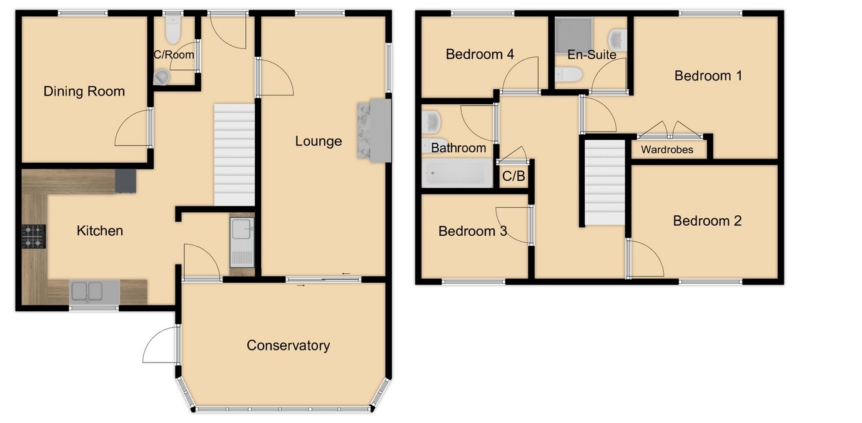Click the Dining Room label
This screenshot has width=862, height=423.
pyautogui.click(x=84, y=92)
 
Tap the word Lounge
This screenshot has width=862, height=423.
pyautogui.click(x=318, y=141)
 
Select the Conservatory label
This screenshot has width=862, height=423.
pyautogui.click(x=288, y=346)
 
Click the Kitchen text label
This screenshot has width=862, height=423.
pyautogui.click(x=99, y=231)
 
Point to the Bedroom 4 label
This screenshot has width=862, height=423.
pyautogui.click(x=480, y=54)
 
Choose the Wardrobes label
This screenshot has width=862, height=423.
pyautogui.click(x=666, y=150)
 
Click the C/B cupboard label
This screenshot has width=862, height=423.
pyautogui.click(x=513, y=177)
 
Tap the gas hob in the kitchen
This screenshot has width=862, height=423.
pyautogui.click(x=34, y=236)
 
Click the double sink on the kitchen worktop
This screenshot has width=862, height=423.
pyautogui.click(x=87, y=291)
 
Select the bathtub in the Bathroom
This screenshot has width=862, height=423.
pyautogui.click(x=456, y=172)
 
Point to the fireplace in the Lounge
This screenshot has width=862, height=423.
pyautogui.click(x=374, y=131)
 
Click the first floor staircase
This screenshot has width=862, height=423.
pyautogui.click(x=604, y=183)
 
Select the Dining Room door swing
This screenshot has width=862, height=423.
pyautogui.click(x=133, y=129)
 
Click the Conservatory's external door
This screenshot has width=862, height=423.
pyautogui.click(x=160, y=345)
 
